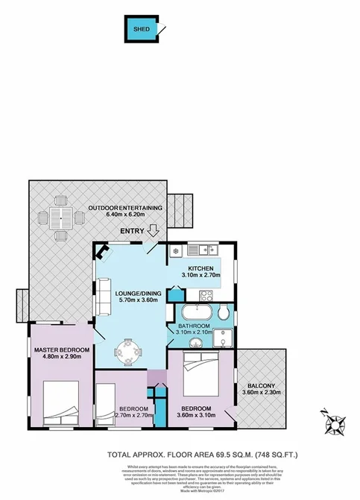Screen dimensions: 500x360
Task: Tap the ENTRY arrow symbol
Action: (154, 230)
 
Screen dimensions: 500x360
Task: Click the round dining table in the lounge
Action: (130, 349)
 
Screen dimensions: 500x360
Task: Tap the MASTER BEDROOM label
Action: (62, 350)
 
